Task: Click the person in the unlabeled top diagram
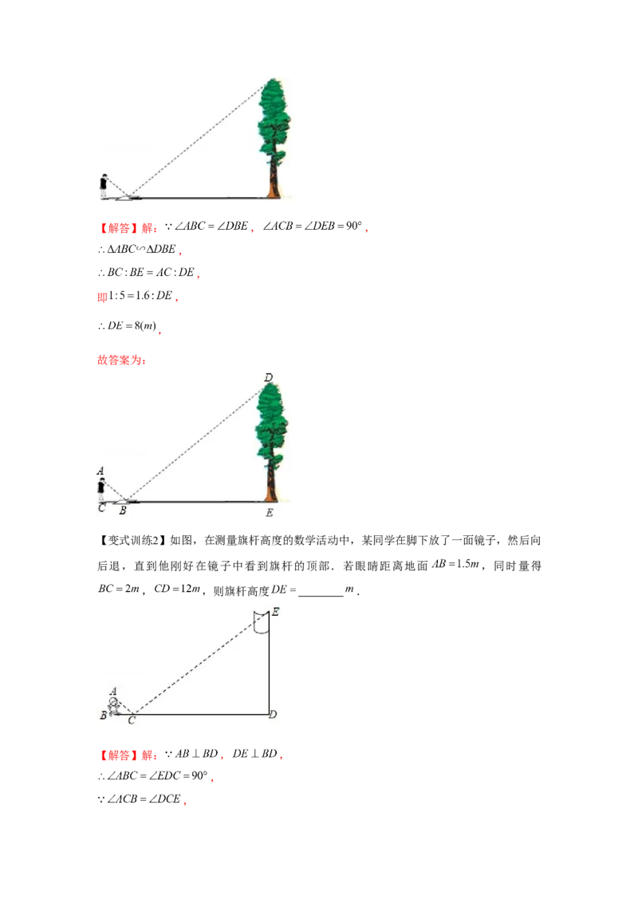point(103,185)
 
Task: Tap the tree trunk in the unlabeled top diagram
point(274,179)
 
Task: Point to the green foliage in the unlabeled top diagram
point(275,120)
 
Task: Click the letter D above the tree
point(269,377)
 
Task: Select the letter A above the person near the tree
point(100,471)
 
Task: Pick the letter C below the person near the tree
point(101,507)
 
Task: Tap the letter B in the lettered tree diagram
point(122,510)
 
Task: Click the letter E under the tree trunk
point(270,513)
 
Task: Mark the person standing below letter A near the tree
point(101,488)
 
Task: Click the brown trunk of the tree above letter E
point(271,483)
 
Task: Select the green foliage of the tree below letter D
point(272,423)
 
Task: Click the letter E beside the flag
point(275,612)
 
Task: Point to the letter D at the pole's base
point(273,714)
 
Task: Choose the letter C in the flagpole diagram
point(132,720)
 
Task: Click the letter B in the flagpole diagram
point(103,716)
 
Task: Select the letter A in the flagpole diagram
point(113,692)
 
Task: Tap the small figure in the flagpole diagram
point(114,706)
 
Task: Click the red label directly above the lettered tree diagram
point(120,361)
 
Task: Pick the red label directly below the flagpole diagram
point(128,755)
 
